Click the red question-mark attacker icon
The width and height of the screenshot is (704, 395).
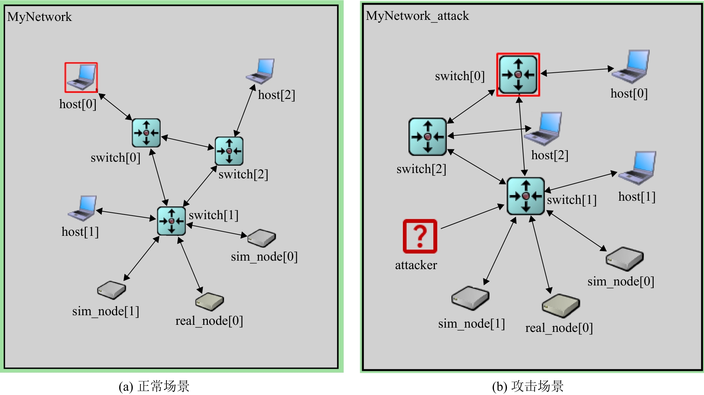coord(420,236)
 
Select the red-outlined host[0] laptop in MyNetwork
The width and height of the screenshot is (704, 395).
coord(81,77)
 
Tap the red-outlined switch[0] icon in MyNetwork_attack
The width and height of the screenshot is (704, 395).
coord(518,74)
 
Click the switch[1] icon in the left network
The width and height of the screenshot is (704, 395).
coord(171,221)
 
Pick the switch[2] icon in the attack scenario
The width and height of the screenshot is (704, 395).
coord(427,137)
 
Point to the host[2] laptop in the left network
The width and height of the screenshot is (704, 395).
coord(261,71)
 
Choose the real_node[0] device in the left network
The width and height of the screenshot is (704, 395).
coord(210,301)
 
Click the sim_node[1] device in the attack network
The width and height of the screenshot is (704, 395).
coord(470,298)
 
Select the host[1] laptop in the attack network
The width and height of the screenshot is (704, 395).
coord(638,168)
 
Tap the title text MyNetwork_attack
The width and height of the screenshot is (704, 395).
coord(417,16)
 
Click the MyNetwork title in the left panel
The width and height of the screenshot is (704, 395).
coord(39,17)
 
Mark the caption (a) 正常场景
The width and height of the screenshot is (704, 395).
coord(154,386)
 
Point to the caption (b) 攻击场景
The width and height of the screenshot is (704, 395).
coord(528,386)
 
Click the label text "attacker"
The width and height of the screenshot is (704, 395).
coord(416,265)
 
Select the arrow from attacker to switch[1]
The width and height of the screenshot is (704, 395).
coord(472,217)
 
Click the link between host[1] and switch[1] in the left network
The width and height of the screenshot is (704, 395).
coord(126,215)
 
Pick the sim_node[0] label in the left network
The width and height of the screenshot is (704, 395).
coord(264,257)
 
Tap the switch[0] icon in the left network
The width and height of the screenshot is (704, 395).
coord(146,133)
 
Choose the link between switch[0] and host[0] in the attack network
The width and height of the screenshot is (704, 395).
coord(577,71)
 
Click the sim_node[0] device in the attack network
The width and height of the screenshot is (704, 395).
coord(625,259)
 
